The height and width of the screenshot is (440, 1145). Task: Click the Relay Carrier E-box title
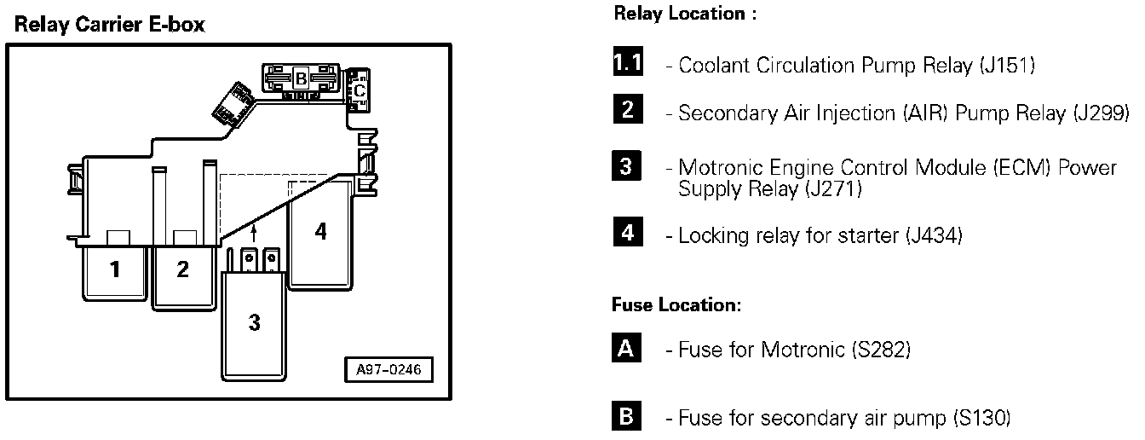coord(109,25)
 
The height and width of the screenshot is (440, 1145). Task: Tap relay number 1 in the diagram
coord(114,270)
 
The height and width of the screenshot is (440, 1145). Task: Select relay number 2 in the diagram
coord(182,270)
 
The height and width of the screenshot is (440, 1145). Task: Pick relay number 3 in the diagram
coord(255,323)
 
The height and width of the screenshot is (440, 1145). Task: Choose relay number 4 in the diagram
coord(320,231)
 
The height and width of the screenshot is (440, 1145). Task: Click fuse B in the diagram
coord(300,80)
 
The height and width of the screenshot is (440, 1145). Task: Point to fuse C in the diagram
coord(360,88)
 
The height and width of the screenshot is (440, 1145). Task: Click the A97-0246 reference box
coord(388,370)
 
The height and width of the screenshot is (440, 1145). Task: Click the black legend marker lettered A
coord(626,349)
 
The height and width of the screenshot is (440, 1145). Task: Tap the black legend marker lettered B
coord(626,418)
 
